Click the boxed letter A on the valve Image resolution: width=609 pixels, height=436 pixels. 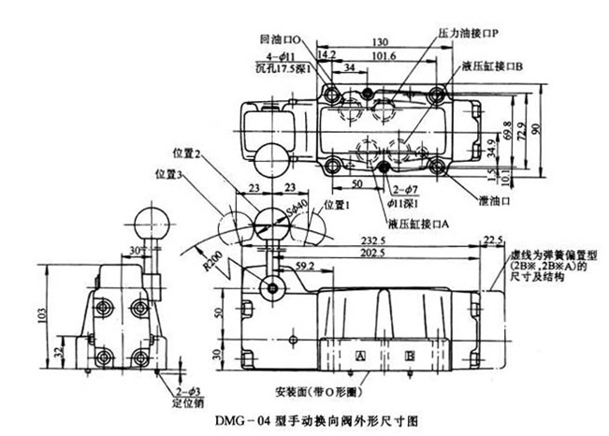(x=358, y=356)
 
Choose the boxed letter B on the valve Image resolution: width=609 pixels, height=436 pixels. (x=409, y=356)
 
